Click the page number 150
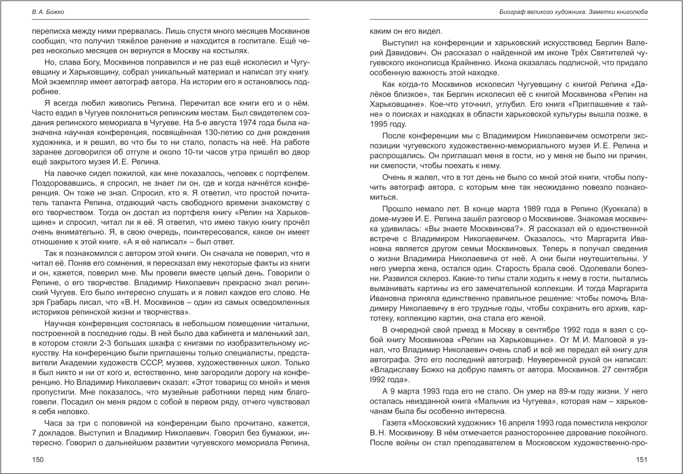click(38, 460)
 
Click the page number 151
click(642, 460)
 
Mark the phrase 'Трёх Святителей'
click(587, 53)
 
